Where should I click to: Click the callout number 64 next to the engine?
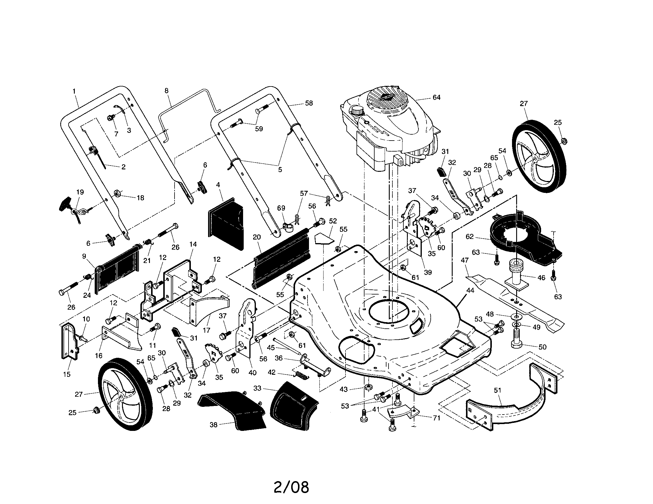(x=436, y=97)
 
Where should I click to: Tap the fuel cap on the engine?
(x=356, y=111)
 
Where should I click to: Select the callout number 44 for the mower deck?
(x=470, y=290)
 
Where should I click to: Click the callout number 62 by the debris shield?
(x=470, y=237)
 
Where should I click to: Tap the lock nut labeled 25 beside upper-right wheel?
(x=564, y=140)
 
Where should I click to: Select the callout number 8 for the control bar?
(x=167, y=90)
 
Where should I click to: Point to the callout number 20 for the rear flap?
(x=257, y=237)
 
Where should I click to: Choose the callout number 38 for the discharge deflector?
(x=213, y=424)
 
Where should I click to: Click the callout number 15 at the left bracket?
(x=67, y=374)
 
